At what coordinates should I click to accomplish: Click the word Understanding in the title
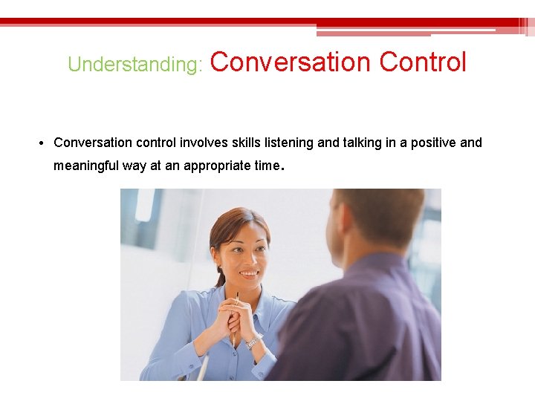pos(134,65)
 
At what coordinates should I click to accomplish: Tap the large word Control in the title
pos(423,62)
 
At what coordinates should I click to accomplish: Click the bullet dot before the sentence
pos(45,143)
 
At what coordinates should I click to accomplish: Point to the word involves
pos(202,143)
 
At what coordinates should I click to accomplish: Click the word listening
pos(288,143)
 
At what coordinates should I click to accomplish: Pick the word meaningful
pos(87,166)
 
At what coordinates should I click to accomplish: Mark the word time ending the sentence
pos(266,166)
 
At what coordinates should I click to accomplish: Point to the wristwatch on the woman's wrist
pos(253,342)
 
